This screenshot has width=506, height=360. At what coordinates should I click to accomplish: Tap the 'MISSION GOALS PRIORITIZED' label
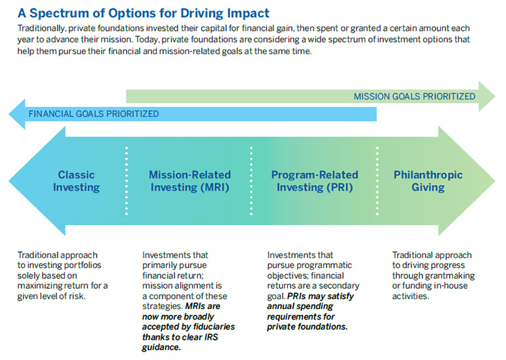(x=414, y=96)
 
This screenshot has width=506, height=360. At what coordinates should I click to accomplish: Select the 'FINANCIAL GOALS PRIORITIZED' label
(x=93, y=114)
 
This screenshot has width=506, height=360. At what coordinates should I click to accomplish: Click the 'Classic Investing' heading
(x=76, y=181)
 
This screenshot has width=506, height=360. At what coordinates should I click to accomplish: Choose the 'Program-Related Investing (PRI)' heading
(x=315, y=181)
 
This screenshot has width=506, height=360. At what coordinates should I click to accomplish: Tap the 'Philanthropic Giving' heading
(x=428, y=181)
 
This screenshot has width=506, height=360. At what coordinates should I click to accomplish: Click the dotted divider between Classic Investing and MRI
(x=126, y=181)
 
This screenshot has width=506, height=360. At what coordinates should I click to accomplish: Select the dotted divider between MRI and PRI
(x=251, y=181)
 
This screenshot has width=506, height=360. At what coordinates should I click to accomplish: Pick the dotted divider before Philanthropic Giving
(x=377, y=181)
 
